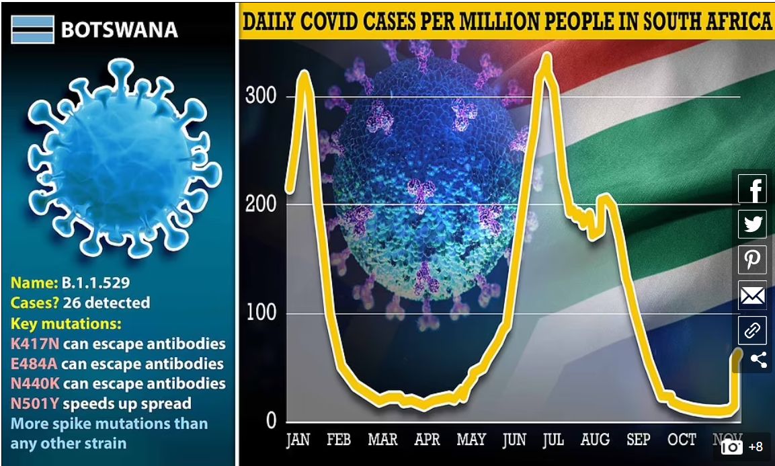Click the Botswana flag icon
point(32,30)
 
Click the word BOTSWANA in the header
point(119,30)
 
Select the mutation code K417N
point(35,344)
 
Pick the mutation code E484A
point(35,364)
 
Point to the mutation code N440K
point(35,383)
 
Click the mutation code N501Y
point(35,403)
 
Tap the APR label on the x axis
point(427,440)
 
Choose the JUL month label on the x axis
point(553,440)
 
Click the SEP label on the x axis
point(639,440)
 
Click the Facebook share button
point(753,189)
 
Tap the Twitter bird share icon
point(753,224)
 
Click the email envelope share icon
point(753,295)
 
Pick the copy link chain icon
point(753,330)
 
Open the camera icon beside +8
point(731,446)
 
